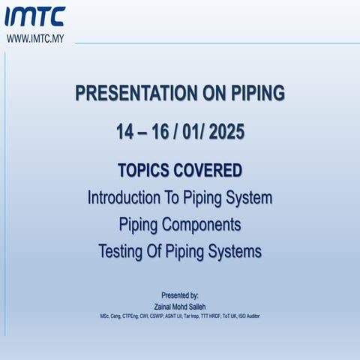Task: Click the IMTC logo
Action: (x=36, y=16)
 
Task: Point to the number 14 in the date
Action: (x=124, y=132)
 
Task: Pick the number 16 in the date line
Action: (x=159, y=132)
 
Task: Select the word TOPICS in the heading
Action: (x=144, y=169)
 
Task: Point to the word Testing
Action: (x=123, y=251)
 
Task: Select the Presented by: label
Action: (x=180, y=295)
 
